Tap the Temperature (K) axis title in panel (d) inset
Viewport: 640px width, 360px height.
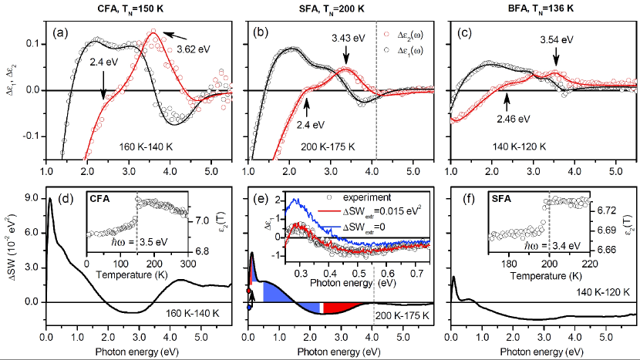pyautogui.click(x=146, y=276)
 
